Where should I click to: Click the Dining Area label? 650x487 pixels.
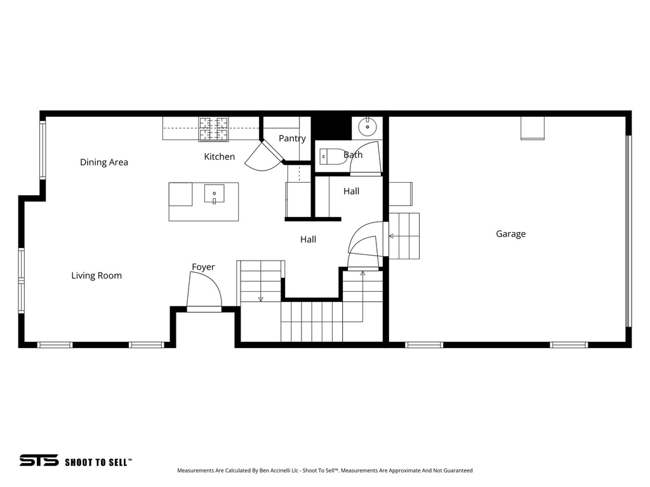tap(104, 162)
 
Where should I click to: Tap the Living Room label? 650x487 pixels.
tap(96, 276)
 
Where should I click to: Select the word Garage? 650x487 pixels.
tap(510, 234)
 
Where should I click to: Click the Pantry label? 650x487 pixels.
tap(292, 138)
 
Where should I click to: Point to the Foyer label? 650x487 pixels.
tap(203, 268)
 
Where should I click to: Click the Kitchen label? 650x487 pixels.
tap(219, 157)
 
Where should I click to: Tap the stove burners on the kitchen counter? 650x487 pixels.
tap(213, 129)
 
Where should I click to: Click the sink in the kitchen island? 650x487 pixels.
tap(214, 193)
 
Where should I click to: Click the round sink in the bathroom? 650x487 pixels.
tap(368, 127)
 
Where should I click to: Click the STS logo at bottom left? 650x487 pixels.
tap(38, 460)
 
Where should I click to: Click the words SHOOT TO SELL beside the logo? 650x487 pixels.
tap(98, 462)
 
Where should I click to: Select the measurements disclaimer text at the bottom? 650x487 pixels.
tap(324, 471)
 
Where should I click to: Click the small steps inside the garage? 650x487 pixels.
tap(404, 236)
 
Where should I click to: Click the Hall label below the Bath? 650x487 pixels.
tap(351, 191)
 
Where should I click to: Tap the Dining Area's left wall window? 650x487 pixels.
tap(43, 150)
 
